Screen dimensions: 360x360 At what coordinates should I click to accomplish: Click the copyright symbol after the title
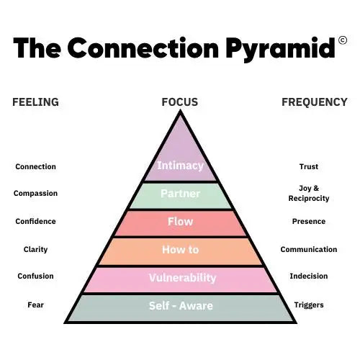coord(343,40)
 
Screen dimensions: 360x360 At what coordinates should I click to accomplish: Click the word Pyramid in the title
coord(280,49)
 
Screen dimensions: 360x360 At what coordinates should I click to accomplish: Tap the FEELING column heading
coord(35,102)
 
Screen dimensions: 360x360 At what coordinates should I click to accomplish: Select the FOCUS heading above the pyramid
coord(180,102)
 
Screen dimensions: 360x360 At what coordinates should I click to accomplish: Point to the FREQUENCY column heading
coord(315,102)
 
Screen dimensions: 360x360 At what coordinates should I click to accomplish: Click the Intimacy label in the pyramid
coord(180,166)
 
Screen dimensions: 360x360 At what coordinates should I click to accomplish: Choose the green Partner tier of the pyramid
coord(180,196)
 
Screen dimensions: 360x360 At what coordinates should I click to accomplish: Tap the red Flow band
coord(180,224)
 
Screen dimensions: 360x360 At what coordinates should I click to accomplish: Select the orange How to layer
coord(180,251)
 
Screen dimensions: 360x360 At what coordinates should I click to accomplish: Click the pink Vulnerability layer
coord(180,280)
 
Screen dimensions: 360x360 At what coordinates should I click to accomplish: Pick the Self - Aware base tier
coord(180,308)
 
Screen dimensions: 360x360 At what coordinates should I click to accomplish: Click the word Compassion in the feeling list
coord(35,194)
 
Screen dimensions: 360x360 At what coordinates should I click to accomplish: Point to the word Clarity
coord(35,250)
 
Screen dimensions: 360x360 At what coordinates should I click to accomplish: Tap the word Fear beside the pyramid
coord(35,305)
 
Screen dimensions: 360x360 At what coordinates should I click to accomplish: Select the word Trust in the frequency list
coord(309,166)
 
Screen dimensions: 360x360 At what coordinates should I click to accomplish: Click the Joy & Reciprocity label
coord(309,194)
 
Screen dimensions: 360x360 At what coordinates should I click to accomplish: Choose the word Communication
coord(309,249)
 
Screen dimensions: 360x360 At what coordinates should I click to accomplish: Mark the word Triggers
coord(309,305)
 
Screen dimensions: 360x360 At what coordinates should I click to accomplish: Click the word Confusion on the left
coord(35,276)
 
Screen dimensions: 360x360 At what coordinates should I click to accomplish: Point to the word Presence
coord(309,221)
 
